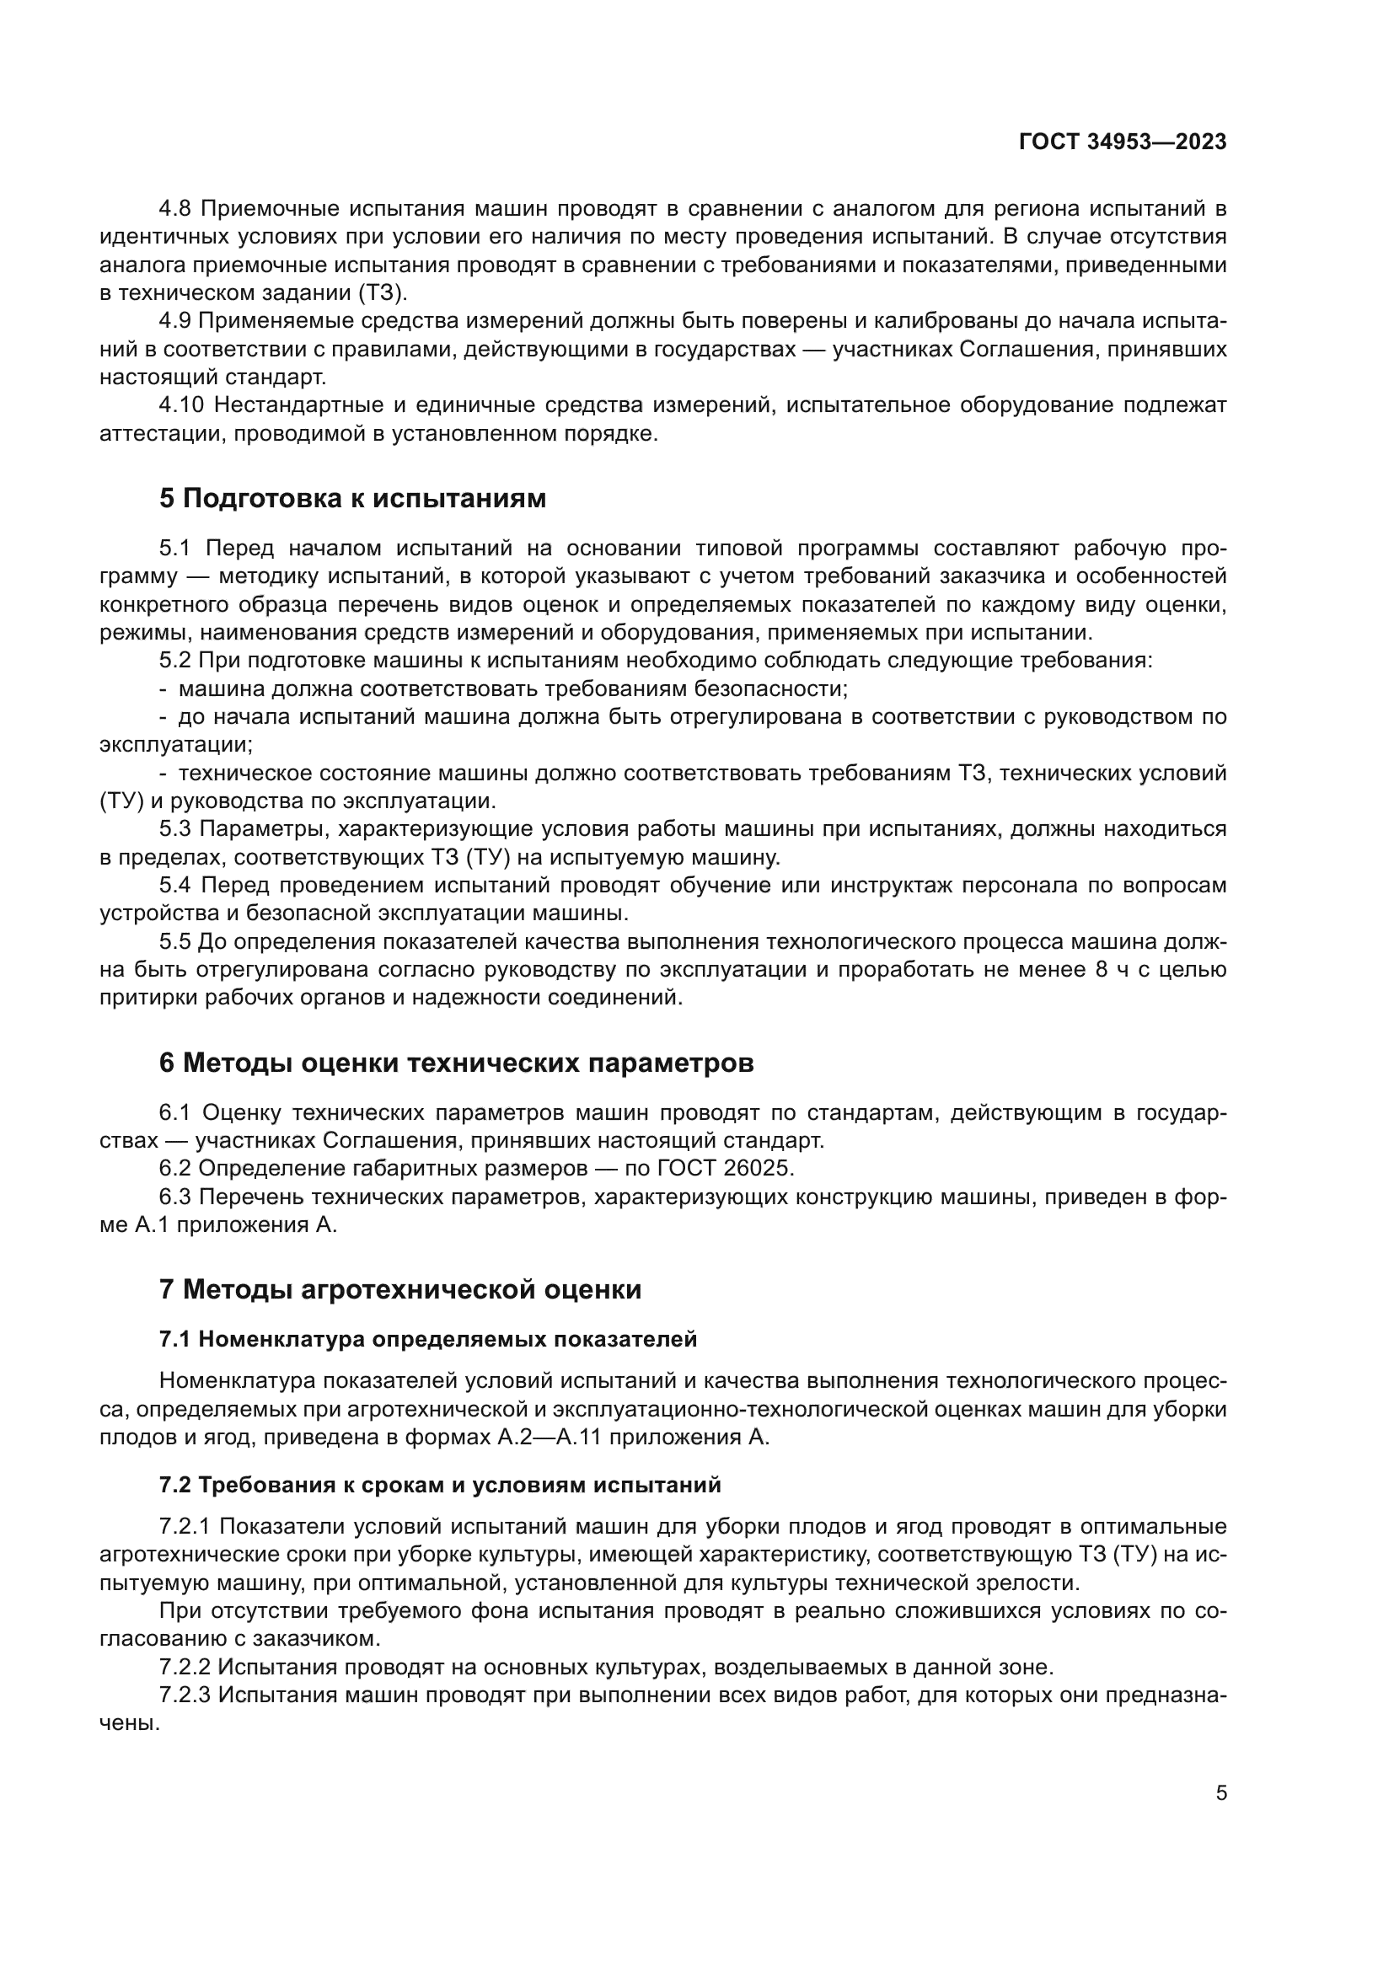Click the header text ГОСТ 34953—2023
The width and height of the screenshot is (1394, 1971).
pos(1122,142)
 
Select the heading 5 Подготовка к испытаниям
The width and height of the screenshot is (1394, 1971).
pos(352,499)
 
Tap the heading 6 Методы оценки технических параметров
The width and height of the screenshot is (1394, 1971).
pos(456,1063)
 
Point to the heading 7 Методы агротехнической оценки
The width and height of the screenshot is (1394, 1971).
pos(400,1289)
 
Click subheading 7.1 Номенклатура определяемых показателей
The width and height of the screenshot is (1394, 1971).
pos(427,1339)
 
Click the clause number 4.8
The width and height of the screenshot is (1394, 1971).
pos(177,209)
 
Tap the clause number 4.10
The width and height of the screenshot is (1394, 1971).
pos(183,405)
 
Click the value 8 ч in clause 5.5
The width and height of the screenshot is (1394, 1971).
pos(1121,969)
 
